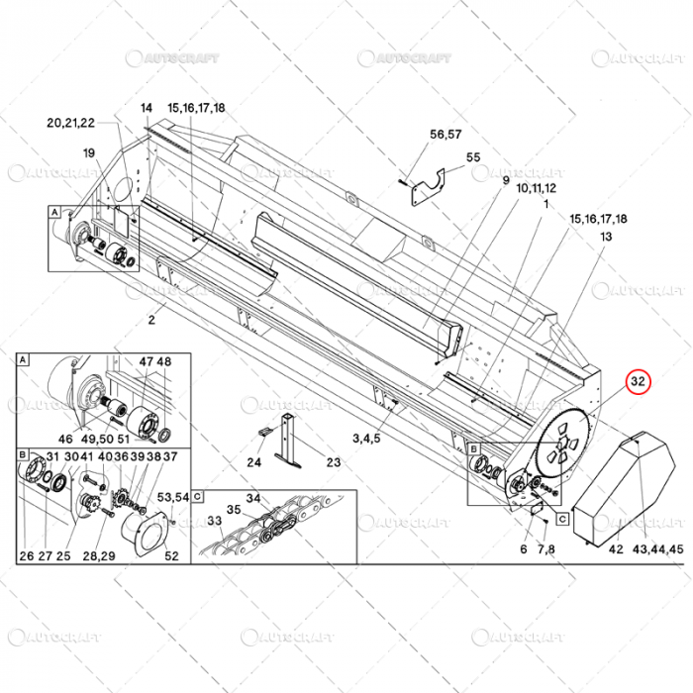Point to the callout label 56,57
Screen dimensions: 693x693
(445, 134)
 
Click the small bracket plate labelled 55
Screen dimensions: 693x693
(427, 186)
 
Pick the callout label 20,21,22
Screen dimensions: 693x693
(70, 123)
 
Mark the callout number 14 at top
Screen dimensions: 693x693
(147, 108)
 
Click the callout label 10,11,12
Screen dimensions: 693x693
(536, 187)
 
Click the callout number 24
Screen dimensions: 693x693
(254, 462)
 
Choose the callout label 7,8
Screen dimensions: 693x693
(545, 548)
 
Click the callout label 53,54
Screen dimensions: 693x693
(174, 496)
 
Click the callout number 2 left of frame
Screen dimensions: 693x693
(151, 321)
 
